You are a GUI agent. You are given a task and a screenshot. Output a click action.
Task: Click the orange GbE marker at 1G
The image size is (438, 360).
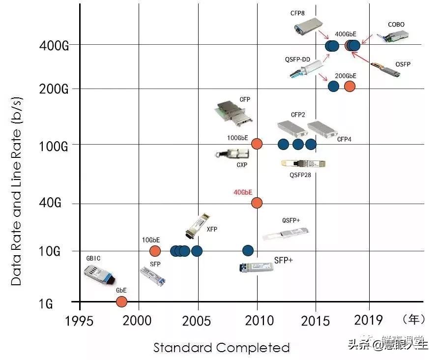pyautogui.click(x=121, y=301)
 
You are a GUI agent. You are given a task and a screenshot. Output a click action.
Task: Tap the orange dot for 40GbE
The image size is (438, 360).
pyautogui.click(x=257, y=203)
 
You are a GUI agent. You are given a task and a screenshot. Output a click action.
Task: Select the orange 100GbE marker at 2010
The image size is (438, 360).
pyautogui.click(x=257, y=144)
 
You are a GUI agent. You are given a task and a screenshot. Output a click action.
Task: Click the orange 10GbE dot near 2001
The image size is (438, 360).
pyautogui.click(x=155, y=251)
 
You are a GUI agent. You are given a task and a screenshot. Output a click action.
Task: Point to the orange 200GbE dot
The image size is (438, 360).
pyautogui.click(x=350, y=86)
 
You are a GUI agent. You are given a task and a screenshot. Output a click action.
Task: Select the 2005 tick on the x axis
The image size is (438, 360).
pyautogui.click(x=198, y=320)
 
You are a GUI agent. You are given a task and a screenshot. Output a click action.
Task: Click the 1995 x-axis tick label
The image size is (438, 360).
pyautogui.click(x=80, y=320)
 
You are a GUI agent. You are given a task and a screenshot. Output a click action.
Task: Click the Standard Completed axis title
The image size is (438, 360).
pyautogui.click(x=221, y=348)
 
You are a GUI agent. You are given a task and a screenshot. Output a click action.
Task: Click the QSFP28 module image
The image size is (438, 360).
pyautogui.click(x=303, y=163)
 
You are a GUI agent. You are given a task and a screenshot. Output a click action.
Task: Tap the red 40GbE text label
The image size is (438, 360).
pyautogui.click(x=243, y=192)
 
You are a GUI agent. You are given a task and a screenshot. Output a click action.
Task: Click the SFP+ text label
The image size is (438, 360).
pyautogui.click(x=283, y=260)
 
